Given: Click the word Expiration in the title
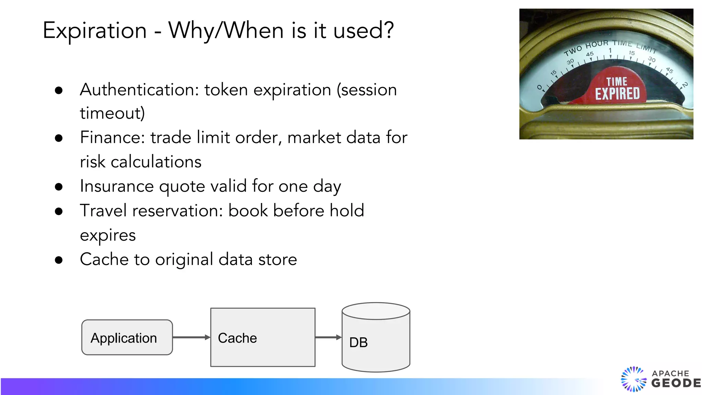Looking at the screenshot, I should pos(95,31).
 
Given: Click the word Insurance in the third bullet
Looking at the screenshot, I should pos(117,186).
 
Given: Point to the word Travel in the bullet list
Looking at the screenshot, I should pos(103,211).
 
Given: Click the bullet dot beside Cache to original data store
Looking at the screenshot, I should pos(59,260).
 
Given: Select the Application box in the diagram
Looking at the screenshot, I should pos(127,337).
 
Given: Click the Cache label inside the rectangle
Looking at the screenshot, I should pos(237,338).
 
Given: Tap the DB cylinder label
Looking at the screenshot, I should pos(359,342).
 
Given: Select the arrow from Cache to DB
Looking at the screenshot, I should pos(328,337).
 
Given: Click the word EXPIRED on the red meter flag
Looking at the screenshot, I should pos(617,94).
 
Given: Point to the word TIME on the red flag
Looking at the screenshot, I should pos(617,82).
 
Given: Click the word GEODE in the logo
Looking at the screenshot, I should pos(676,383).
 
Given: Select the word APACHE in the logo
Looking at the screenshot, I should pos(670,373).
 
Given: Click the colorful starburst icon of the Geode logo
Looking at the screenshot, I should pos(633,379).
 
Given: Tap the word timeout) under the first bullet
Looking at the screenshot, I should pos(112,113).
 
